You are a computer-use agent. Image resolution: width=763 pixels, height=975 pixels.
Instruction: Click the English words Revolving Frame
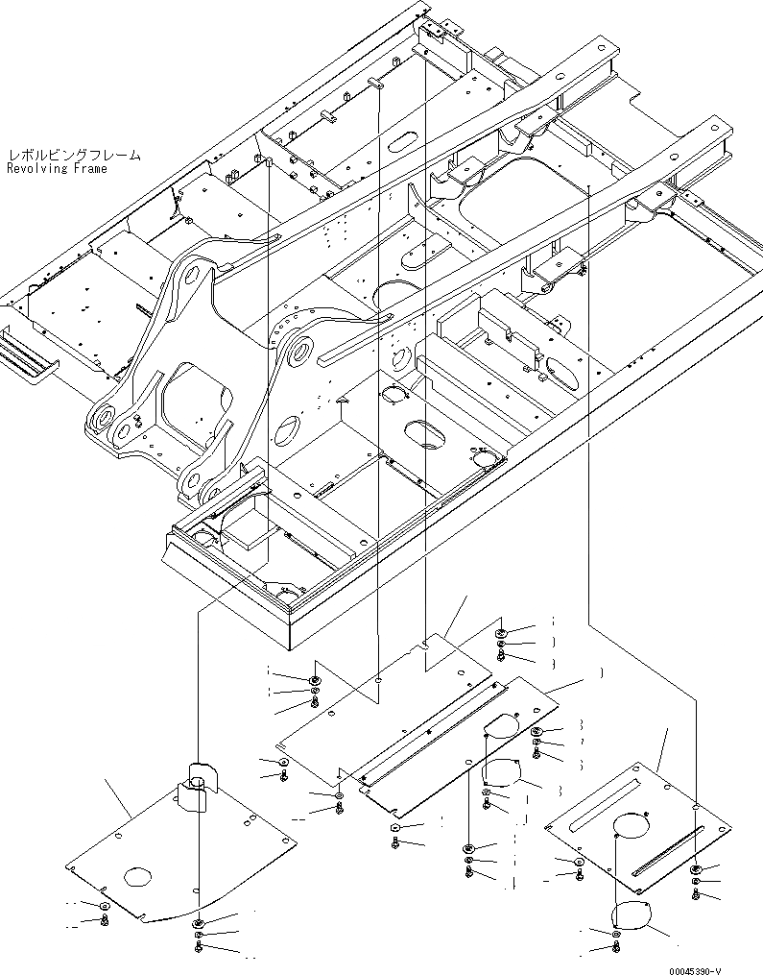click(57, 168)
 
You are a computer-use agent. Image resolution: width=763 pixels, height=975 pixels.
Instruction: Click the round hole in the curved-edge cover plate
click(137, 876)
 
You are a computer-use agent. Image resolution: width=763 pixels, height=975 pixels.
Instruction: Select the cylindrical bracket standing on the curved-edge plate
click(200, 782)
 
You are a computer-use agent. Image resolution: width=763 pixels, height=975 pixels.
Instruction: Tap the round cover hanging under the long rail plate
click(502, 768)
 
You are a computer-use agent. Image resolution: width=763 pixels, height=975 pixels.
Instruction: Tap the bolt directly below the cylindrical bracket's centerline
click(197, 948)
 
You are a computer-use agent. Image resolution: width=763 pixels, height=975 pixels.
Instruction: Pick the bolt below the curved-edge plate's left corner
click(105, 920)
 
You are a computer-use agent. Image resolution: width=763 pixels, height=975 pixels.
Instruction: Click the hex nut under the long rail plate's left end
click(395, 827)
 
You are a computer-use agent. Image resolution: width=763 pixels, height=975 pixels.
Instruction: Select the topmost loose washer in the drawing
click(502, 634)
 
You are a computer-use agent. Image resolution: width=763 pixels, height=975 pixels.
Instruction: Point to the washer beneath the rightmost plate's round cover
click(615, 933)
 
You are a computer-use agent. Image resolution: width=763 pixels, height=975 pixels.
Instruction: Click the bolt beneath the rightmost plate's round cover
click(615, 948)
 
